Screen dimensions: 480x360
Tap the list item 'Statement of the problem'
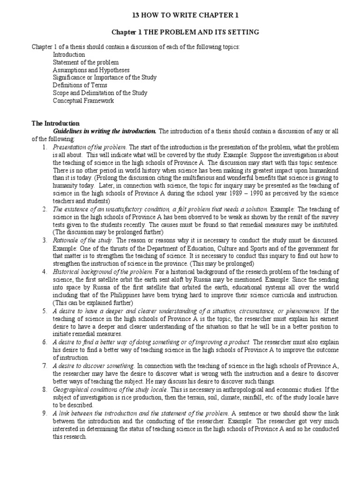coord(85,62)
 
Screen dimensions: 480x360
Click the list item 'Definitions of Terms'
coord(80,85)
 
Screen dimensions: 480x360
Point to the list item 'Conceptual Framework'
coord(83,100)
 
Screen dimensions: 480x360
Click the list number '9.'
coord(45,413)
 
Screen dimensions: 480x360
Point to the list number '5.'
coord(45,311)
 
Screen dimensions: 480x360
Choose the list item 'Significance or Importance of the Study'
coord(105,77)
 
